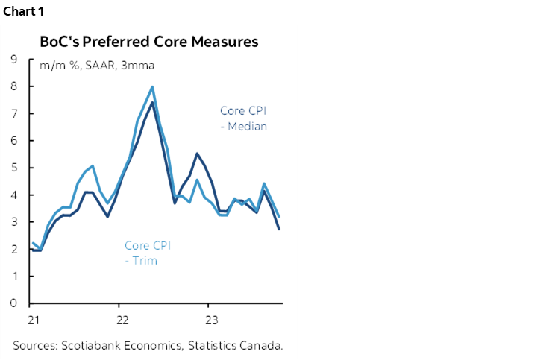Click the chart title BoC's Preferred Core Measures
(x=149, y=42)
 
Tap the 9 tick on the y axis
(x=14, y=59)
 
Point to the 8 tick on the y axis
(x=14, y=86)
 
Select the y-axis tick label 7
(x=14, y=113)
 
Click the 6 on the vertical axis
(x=14, y=140)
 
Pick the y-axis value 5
(x=14, y=168)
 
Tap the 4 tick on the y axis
(x=14, y=195)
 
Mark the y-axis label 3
(x=14, y=222)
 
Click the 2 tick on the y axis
(x=14, y=249)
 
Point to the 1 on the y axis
(x=14, y=277)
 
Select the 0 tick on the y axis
(x=14, y=303)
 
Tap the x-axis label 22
(x=122, y=320)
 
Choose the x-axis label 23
(x=212, y=320)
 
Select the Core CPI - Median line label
(x=243, y=119)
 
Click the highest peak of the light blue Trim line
(x=152, y=86)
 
